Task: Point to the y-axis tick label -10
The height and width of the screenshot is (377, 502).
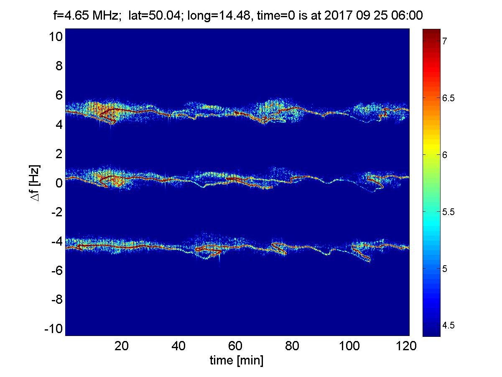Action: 54,329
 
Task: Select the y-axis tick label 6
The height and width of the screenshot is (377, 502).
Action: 59,95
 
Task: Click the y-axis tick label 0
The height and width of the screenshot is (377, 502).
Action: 59,183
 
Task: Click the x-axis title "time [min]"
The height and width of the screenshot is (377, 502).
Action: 237,361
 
